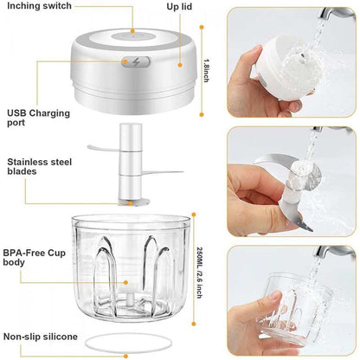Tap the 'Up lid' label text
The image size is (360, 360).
coord(179,7)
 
